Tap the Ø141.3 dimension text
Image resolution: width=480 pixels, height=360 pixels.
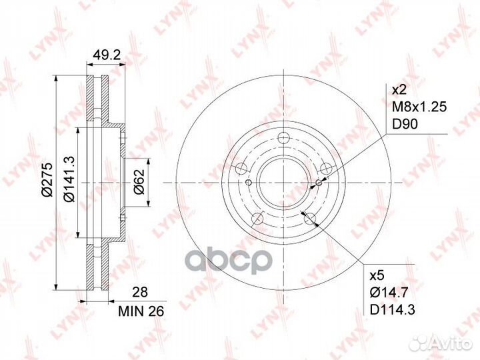click(x=69, y=179)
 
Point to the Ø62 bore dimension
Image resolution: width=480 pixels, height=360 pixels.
click(x=139, y=182)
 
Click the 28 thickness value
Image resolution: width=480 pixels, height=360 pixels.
click(x=140, y=292)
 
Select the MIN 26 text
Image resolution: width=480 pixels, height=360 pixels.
click(x=141, y=311)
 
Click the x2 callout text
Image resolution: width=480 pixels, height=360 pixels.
click(x=399, y=90)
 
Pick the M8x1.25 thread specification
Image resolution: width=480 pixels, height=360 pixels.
click(x=420, y=107)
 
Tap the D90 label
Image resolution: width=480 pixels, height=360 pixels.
click(x=405, y=124)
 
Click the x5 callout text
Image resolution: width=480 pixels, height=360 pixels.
click(x=377, y=275)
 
